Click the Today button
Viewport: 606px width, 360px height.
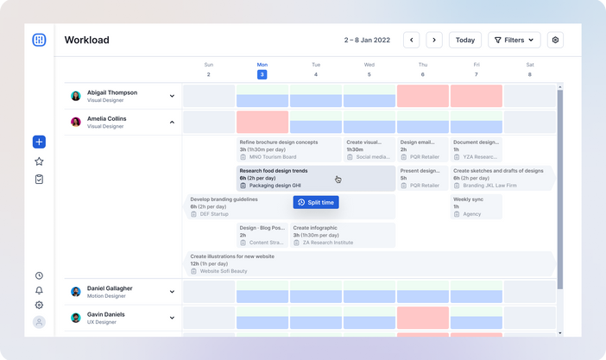[465, 40]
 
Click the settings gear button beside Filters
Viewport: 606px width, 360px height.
[555, 40]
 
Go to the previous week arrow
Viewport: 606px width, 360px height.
[412, 40]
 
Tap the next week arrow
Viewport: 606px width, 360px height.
[434, 40]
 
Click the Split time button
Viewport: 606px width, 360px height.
[315, 202]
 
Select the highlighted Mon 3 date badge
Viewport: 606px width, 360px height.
[262, 74]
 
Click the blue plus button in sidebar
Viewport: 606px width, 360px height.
[39, 142]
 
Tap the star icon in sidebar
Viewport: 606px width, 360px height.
[39, 161]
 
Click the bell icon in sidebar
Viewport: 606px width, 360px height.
[39, 290]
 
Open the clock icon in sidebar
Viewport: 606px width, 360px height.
[39, 275]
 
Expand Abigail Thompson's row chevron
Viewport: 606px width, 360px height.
[172, 96]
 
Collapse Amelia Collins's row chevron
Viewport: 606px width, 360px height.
[172, 123]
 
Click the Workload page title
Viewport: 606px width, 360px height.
[86, 40]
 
